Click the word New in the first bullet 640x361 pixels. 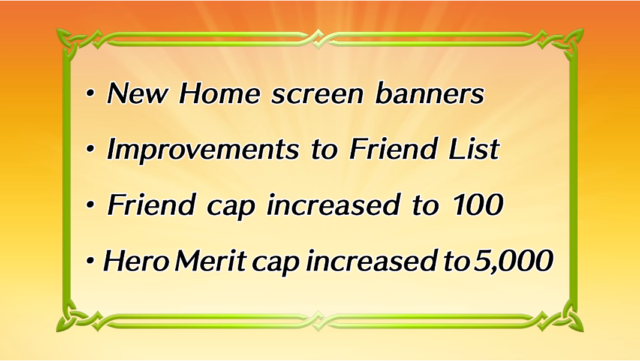coord(137,94)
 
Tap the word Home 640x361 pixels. coord(220,94)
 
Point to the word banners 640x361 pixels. coord(429,94)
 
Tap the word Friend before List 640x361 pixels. coord(393,149)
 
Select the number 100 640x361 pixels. coord(478,204)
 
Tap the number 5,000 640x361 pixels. coord(513,261)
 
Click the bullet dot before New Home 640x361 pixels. coord(90,94)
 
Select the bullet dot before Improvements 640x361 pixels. coord(90,150)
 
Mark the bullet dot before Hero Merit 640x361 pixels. coord(90,261)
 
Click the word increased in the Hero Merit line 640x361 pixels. coord(373,260)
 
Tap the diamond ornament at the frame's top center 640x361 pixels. coord(318,39)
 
